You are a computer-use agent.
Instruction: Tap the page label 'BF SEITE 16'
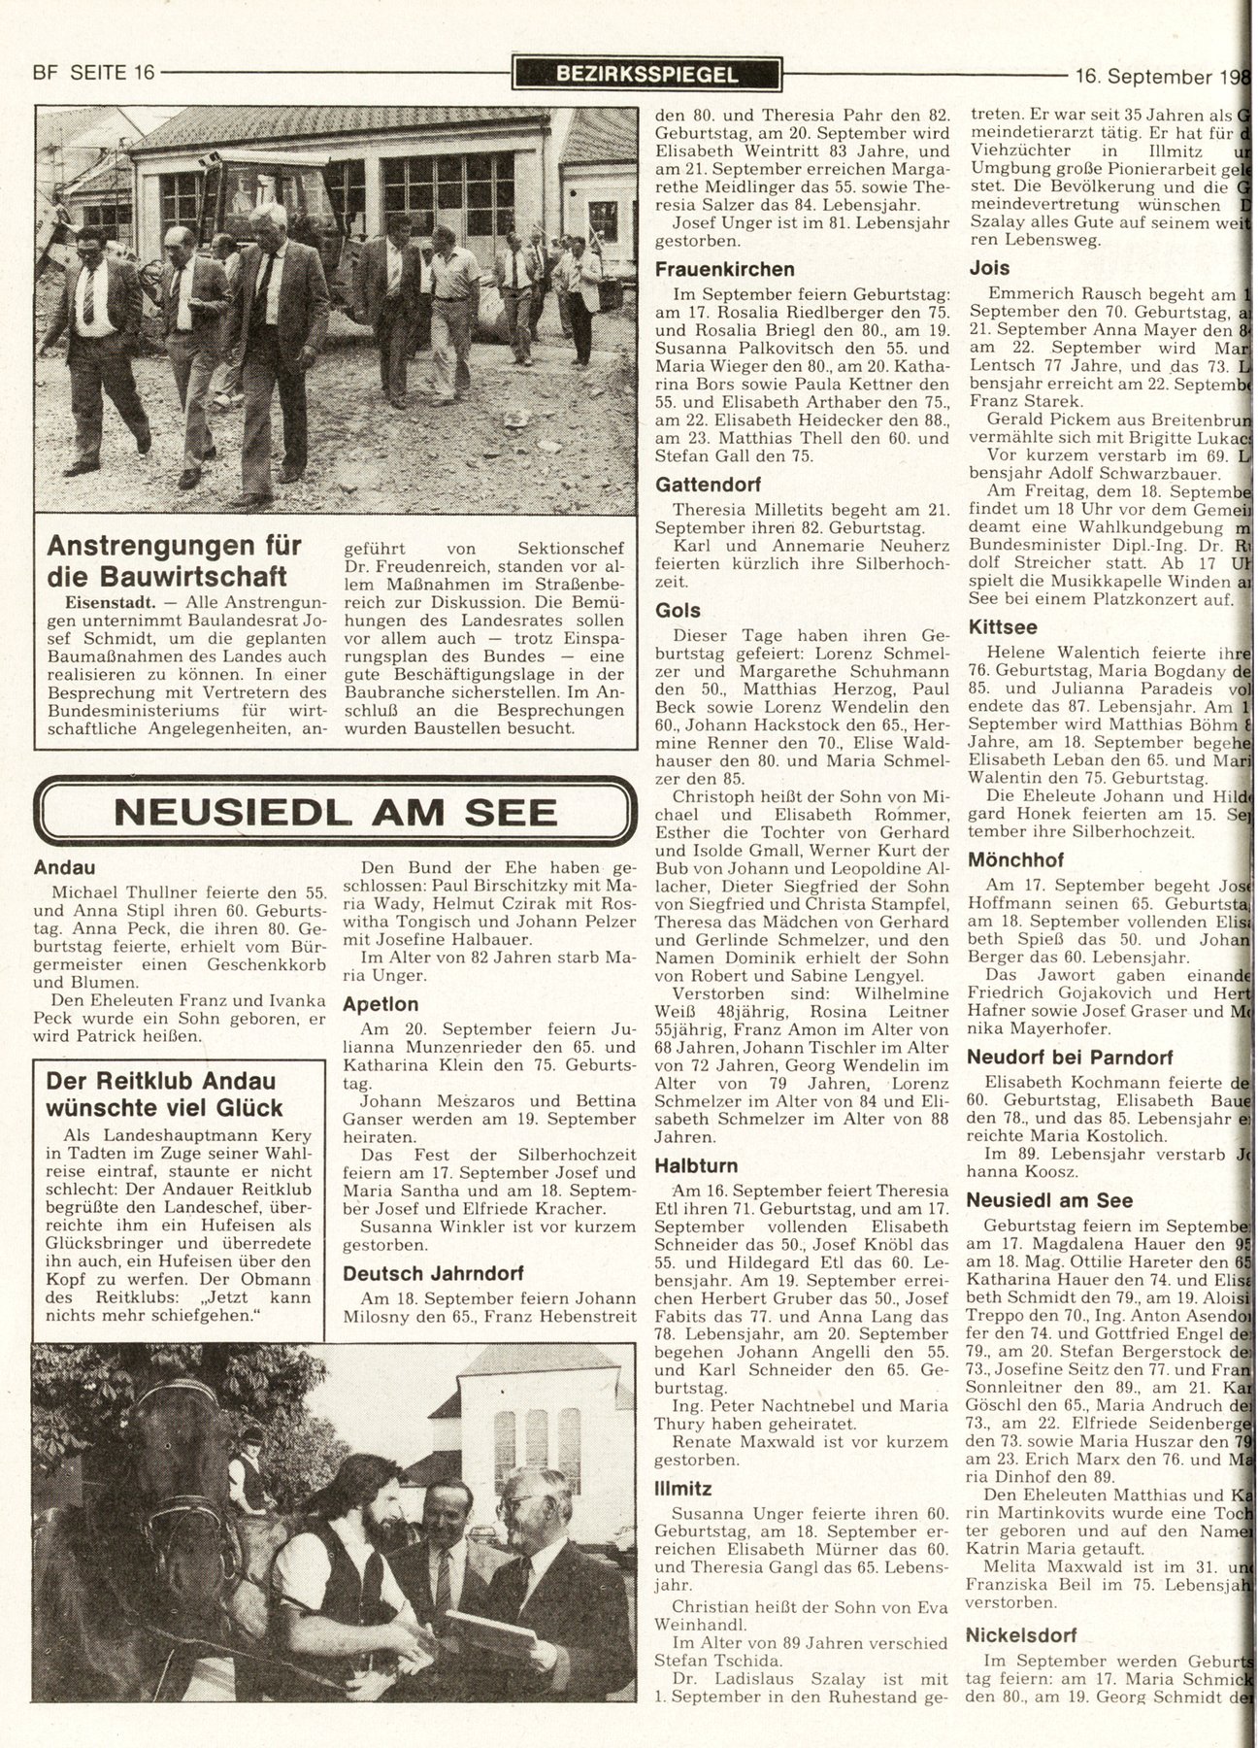click(x=94, y=73)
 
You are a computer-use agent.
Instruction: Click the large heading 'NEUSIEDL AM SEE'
click(x=336, y=812)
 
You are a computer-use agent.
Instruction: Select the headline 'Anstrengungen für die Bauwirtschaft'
click(x=175, y=560)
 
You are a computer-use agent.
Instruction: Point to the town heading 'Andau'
click(x=64, y=867)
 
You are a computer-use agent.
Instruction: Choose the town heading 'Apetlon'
click(x=381, y=1003)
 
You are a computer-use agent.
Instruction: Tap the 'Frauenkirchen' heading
click(x=724, y=269)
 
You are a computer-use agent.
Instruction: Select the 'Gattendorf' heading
click(x=708, y=484)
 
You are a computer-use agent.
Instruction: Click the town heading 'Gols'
click(x=678, y=610)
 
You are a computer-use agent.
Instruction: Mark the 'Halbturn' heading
click(x=696, y=1165)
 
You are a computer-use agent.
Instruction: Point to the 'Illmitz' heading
click(x=683, y=1488)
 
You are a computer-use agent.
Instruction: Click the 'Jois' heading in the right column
click(x=990, y=268)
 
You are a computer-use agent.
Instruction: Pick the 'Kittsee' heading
click(x=1003, y=627)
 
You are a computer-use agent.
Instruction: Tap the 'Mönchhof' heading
click(x=1015, y=859)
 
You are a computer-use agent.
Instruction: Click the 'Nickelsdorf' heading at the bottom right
click(x=1022, y=1634)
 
